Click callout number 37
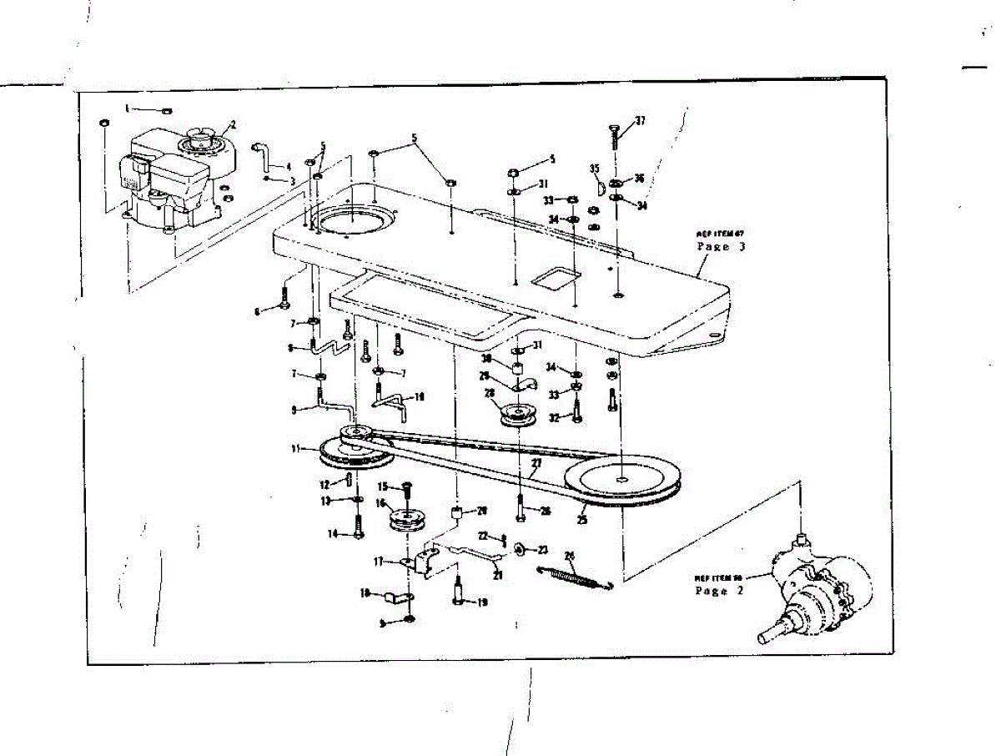pos(640,122)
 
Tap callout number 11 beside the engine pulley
pos(295,449)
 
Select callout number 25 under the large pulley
pos(581,519)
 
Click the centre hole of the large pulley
pos(624,479)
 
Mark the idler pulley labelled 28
pos(516,413)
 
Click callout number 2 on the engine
pos(233,124)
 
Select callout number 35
pos(595,169)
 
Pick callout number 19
pos(482,602)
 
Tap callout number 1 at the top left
pos(128,108)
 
